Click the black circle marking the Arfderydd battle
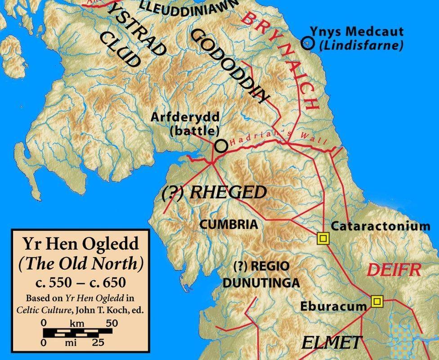tap(220, 145)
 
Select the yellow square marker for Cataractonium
tap(323, 238)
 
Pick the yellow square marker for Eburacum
tap(376, 301)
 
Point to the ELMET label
tap(331, 342)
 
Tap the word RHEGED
tap(228, 193)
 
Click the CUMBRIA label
tap(228, 224)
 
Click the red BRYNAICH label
tap(282, 61)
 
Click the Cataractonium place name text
tap(381, 226)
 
